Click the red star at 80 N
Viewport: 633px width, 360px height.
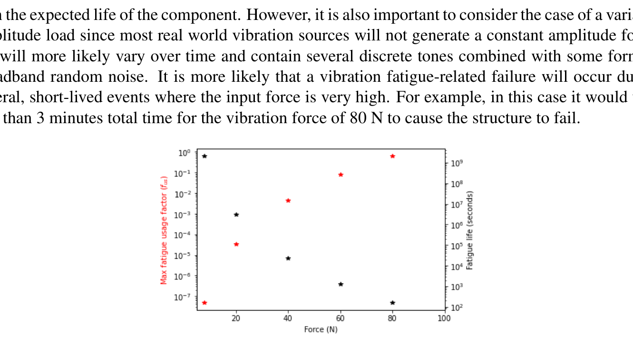(392, 156)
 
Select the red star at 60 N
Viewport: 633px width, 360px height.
(341, 175)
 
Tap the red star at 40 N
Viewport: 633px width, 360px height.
(288, 201)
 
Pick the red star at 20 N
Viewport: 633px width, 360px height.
(236, 244)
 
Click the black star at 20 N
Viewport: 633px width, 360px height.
(236, 214)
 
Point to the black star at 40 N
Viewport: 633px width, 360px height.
(288, 258)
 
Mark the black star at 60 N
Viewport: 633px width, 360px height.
(341, 284)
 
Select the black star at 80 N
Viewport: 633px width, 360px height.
(392, 302)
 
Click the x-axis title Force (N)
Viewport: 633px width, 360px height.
(321, 329)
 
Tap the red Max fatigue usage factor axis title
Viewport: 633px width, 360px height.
(164, 230)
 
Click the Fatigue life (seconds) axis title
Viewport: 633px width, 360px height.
(470, 230)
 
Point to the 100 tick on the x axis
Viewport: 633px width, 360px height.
(444, 318)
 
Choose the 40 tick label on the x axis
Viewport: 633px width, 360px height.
(288, 318)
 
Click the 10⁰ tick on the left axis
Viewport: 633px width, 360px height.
(185, 153)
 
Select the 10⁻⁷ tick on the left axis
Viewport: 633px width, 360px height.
(184, 297)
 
